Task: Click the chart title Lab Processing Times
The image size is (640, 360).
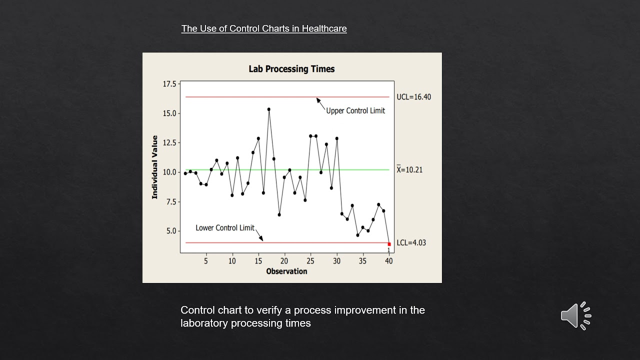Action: tap(291, 69)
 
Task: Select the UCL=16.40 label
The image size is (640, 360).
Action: tap(413, 97)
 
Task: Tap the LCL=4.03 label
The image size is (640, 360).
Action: tap(411, 243)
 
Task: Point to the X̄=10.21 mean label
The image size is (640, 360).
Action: tap(409, 170)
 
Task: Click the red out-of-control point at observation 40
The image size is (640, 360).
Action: tap(389, 244)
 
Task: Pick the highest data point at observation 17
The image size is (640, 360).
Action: tap(269, 109)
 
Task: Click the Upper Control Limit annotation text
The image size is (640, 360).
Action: tap(355, 111)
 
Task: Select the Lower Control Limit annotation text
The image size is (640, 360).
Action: tap(225, 228)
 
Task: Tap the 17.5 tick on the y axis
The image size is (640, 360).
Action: tap(169, 84)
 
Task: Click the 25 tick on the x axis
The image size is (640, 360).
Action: tap(310, 261)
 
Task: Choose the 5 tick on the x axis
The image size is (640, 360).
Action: tap(206, 261)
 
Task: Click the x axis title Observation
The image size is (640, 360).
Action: tap(286, 271)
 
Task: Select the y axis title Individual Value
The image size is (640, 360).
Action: tap(155, 167)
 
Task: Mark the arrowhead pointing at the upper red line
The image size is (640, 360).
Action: tap(317, 99)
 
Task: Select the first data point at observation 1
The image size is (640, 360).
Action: tap(185, 173)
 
